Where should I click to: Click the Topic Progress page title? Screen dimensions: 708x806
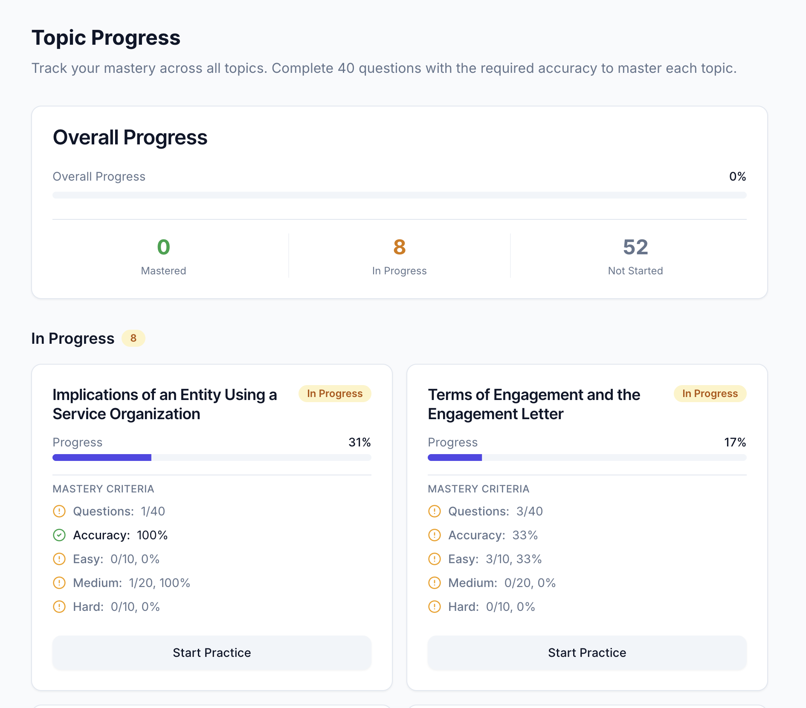click(106, 37)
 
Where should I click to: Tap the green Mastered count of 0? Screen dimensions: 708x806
click(163, 247)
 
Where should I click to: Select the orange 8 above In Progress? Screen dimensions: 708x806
click(399, 247)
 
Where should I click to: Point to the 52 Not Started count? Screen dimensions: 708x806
click(635, 247)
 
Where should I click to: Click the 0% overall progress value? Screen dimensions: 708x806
click(737, 176)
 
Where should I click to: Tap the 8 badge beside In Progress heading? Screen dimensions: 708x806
click(133, 338)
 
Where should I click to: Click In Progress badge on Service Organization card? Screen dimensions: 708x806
click(335, 394)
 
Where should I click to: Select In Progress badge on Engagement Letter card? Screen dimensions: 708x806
click(710, 394)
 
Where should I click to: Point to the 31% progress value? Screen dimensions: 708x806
click(360, 442)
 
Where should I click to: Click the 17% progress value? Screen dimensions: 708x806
click(735, 442)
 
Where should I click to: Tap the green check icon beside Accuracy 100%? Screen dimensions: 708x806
click(59, 535)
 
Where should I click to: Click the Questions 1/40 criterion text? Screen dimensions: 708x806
click(119, 511)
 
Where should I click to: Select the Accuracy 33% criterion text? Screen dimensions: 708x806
click(493, 535)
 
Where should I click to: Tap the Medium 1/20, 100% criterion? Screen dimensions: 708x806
click(131, 583)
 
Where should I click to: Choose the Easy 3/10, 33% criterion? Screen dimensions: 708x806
click(495, 559)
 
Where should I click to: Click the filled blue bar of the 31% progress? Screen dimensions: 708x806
click(102, 458)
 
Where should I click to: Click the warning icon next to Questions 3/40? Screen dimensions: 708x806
click(435, 511)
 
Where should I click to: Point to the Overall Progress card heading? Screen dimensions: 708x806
click(130, 138)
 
